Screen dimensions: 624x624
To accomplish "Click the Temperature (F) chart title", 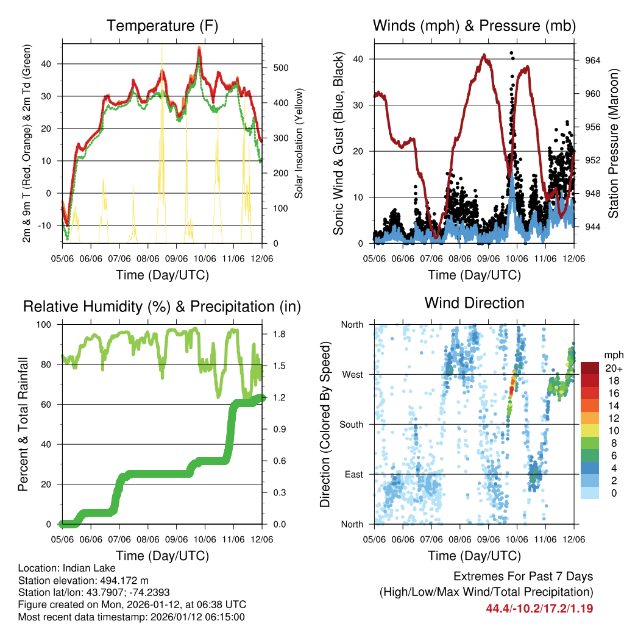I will [x=161, y=26].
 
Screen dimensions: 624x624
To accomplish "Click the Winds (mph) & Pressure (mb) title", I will [x=474, y=26].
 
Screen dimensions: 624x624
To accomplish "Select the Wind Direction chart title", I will [x=474, y=303].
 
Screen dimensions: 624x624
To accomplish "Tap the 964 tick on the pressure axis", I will [x=592, y=60].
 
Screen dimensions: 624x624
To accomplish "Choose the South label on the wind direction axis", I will [x=353, y=424].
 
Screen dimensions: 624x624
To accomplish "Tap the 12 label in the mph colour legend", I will [x=612, y=417].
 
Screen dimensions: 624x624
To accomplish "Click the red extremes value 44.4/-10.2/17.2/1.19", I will [x=539, y=608].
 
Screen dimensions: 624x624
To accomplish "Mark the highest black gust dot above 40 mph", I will [x=511, y=53].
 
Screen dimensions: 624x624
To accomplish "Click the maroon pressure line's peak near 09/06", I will [x=484, y=55].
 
